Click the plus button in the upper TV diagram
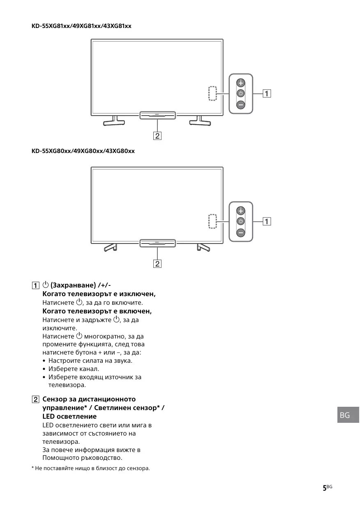click(241, 82)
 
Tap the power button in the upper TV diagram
click(241, 93)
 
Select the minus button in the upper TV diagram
click(241, 104)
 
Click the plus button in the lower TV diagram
click(241, 211)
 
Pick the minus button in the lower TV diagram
click(241, 233)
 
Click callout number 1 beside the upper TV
click(267, 93)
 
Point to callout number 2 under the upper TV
click(157, 135)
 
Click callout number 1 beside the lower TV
click(267, 222)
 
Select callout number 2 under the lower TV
click(157, 264)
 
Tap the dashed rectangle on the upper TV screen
click(212, 93)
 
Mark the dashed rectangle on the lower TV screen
click(212, 222)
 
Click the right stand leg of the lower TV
click(203, 247)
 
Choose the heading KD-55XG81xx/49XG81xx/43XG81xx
click(81, 26)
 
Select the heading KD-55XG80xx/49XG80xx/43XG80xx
click(83, 151)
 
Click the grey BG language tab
click(345, 415)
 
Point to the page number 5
click(325, 487)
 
